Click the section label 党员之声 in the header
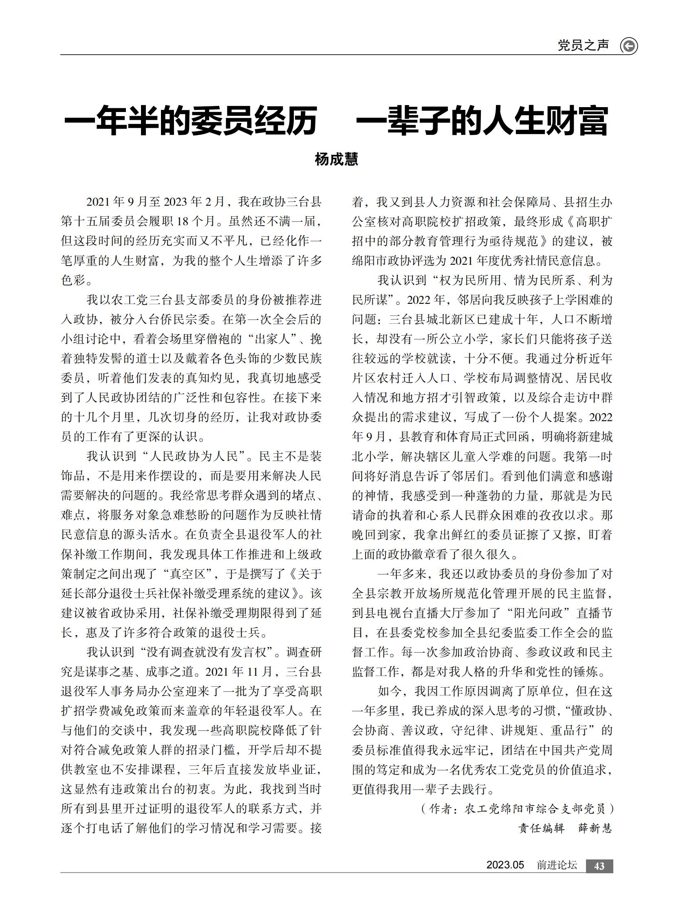(x=583, y=45)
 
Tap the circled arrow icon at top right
(x=629, y=46)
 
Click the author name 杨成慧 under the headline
(x=336, y=159)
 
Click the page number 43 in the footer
(x=599, y=866)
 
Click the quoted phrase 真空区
(x=188, y=574)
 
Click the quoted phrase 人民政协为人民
(x=194, y=456)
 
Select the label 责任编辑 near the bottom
(x=541, y=828)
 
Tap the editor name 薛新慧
(x=595, y=828)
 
